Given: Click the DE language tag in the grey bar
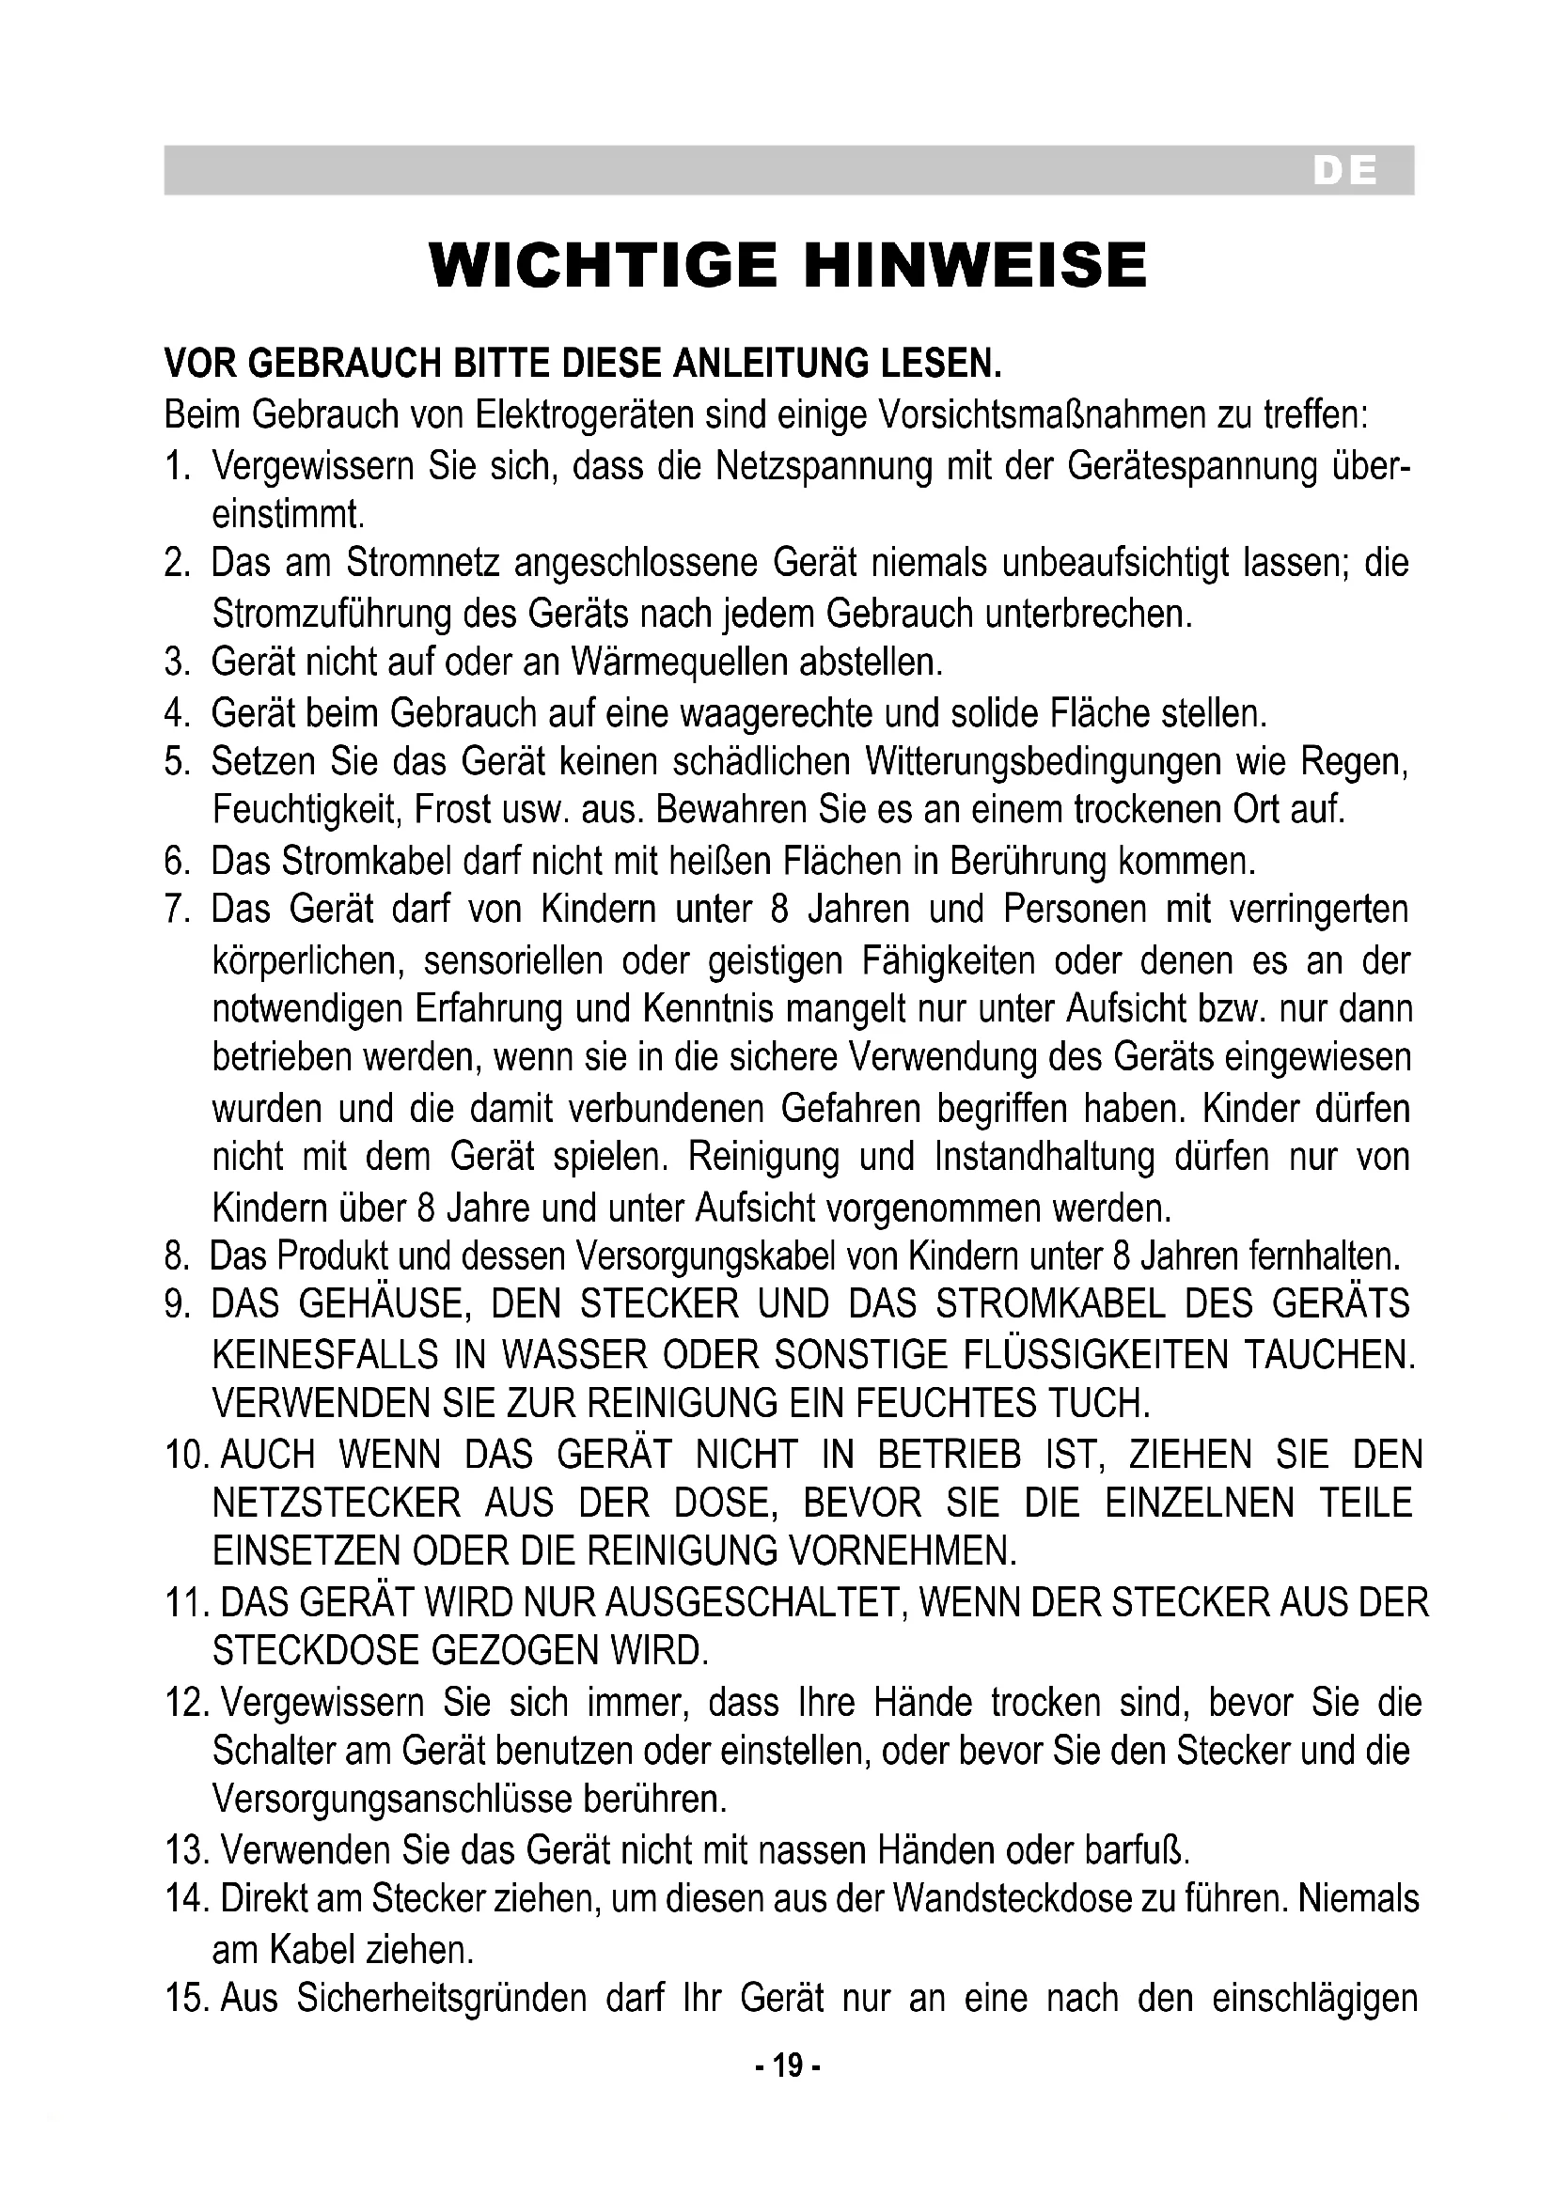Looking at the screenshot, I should click(x=1344, y=171).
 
